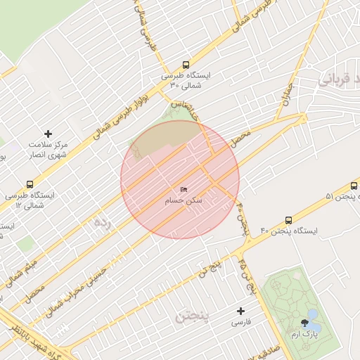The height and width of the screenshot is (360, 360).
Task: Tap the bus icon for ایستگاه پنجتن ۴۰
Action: (289, 220)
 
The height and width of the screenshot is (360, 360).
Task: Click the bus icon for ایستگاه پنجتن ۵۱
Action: (354, 186)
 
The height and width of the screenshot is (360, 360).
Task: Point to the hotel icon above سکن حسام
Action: (184, 190)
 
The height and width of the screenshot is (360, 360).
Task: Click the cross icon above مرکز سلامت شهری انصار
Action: (49, 133)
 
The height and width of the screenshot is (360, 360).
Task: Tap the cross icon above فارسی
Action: (241, 310)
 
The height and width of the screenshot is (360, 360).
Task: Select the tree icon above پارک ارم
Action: (304, 322)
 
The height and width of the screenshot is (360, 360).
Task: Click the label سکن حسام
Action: (184, 200)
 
